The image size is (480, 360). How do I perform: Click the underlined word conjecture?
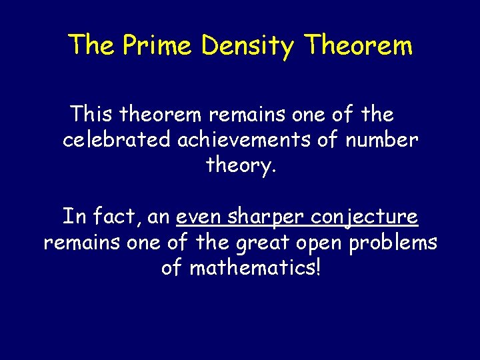365,217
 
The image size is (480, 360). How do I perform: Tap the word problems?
393,242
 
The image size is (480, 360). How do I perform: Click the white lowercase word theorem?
162,115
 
